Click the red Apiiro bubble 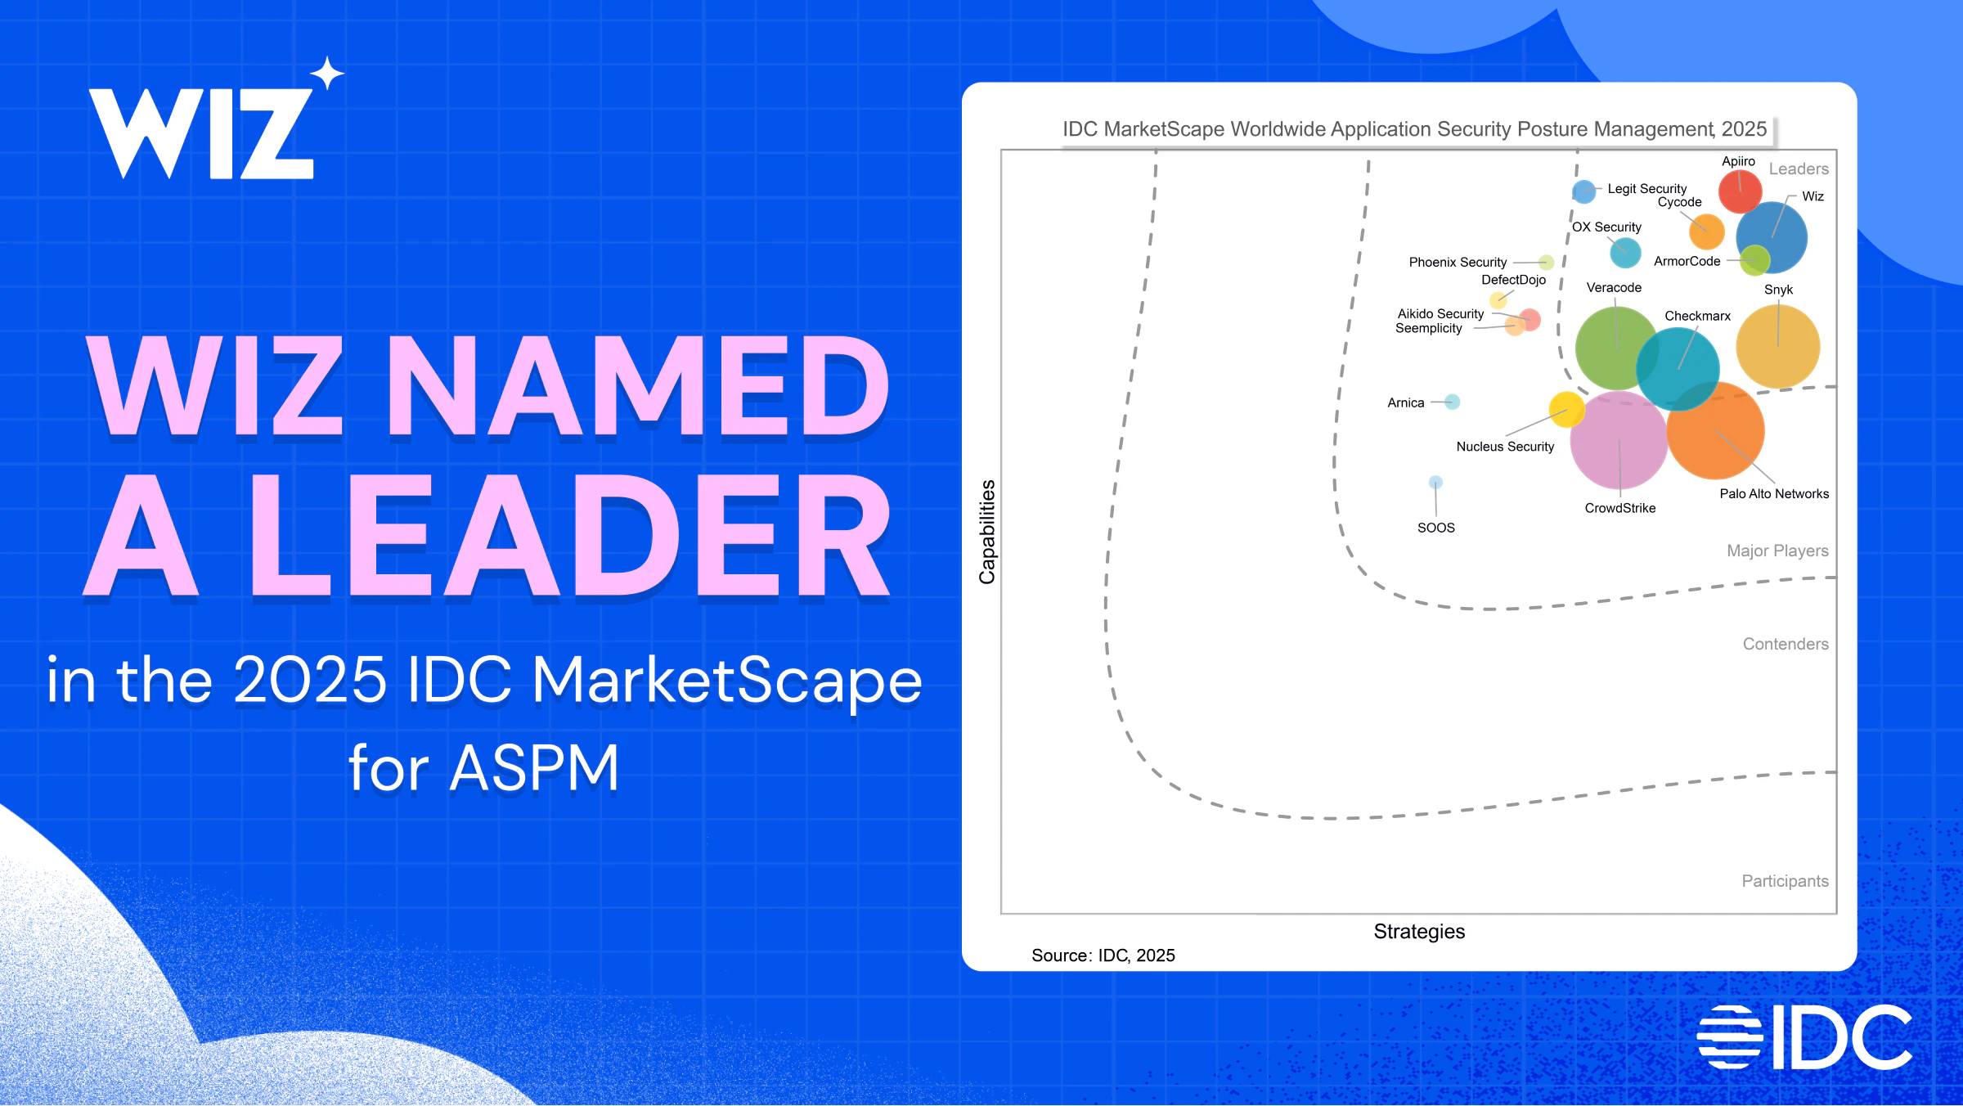[1740, 191]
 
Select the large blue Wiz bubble [1772, 237]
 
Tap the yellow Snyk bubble [1778, 346]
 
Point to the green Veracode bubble [1617, 348]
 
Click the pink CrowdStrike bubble [1619, 440]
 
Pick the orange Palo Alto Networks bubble [1716, 430]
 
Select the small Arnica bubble [1452, 402]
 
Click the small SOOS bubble [1435, 482]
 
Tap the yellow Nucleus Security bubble [1567, 409]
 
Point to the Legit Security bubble [1584, 191]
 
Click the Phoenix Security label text [1458, 262]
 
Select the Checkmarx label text [1698, 316]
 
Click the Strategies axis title [1419, 931]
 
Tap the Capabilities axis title [987, 532]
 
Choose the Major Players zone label [1777, 551]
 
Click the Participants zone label [1785, 881]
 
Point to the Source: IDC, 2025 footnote [1103, 955]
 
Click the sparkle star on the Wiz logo [327, 73]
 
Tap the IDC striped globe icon [1729, 1036]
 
